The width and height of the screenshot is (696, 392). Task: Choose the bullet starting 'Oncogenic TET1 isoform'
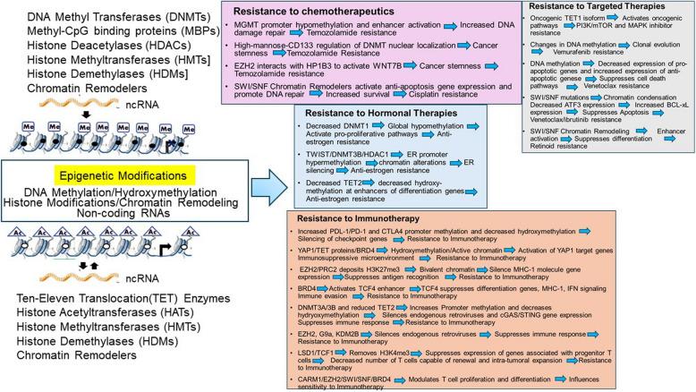coord(564,21)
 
